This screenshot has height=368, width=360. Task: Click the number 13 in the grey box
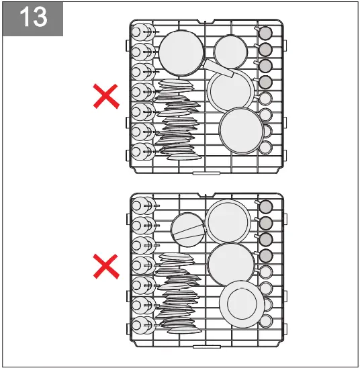coord(33,17)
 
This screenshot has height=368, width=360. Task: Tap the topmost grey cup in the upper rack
coord(265,33)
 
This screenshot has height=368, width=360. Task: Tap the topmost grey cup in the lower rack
coord(265,206)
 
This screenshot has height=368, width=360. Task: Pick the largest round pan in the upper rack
coord(181,52)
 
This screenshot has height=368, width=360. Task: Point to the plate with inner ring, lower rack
coord(240,304)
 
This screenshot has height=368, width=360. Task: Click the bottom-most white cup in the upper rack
coord(265,146)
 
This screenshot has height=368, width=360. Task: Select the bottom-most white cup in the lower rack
coord(265,320)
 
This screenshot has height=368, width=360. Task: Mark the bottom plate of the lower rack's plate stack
coord(183,330)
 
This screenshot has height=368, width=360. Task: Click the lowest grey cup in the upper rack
coord(265,82)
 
